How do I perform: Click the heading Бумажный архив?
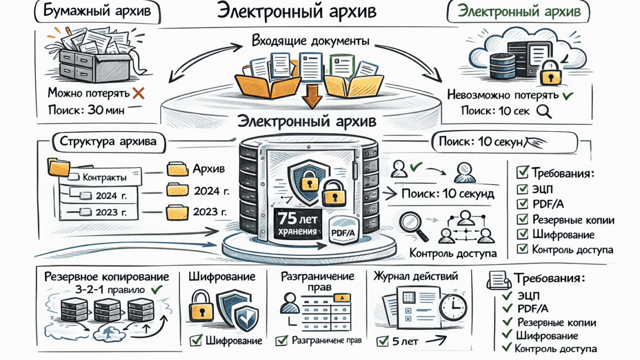[97, 12]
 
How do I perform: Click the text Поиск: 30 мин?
[86, 110]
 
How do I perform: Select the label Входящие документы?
[310, 41]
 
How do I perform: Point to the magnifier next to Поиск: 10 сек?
[544, 111]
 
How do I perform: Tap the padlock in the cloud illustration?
[551, 72]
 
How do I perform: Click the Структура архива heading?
[108, 142]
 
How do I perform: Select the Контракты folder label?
[105, 177]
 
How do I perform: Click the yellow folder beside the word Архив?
[178, 169]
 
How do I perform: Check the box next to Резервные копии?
[523, 219]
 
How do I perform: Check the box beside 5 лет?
[382, 341]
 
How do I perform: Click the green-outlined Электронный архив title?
[518, 12]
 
